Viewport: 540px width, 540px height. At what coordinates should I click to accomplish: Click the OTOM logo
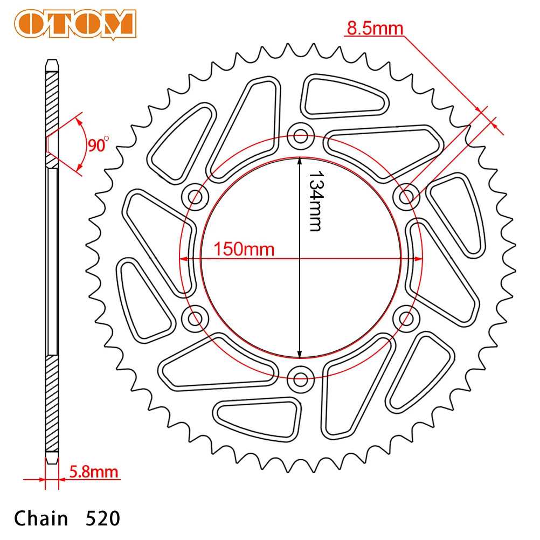(75, 24)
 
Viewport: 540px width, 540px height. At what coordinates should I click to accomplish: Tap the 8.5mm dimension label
(375, 28)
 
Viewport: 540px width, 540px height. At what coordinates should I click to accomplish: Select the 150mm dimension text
(244, 249)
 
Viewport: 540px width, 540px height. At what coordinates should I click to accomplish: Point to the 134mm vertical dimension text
(316, 201)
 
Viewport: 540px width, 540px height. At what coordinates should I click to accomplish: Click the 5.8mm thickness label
(94, 472)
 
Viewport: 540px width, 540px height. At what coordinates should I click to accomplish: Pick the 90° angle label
(98, 144)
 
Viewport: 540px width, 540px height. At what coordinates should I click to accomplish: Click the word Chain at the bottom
(41, 518)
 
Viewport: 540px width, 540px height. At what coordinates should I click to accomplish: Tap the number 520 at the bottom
(103, 518)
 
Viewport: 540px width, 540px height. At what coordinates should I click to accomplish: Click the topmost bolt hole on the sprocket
(300, 136)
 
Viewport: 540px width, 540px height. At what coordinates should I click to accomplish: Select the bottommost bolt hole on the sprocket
(300, 379)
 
